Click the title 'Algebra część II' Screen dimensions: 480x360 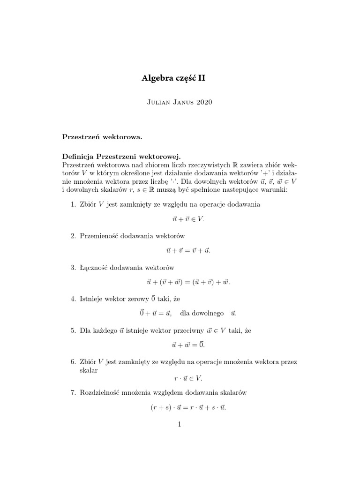click(x=173, y=79)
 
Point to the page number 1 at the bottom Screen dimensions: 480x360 click(x=180, y=425)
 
